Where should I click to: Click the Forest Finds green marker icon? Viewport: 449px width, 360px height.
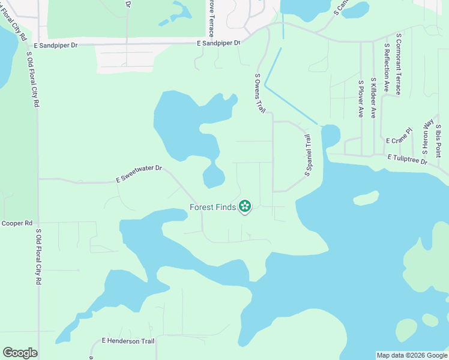[245, 207]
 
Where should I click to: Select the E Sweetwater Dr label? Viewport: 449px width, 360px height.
[139, 174]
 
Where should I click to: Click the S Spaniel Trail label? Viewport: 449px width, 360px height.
[309, 155]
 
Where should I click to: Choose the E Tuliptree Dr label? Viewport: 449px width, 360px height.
[407, 160]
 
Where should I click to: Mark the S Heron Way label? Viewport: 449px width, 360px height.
[428, 136]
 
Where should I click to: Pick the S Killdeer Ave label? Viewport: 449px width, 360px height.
[373, 98]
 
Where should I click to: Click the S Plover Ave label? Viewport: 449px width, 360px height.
[361, 98]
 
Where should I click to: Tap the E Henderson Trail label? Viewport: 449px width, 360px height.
[128, 341]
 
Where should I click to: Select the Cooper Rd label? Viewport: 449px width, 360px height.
[17, 223]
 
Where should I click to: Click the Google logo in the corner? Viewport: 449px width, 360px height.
[20, 353]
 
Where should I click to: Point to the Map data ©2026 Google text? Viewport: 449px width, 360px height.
[411, 355]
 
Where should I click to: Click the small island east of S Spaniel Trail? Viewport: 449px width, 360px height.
[366, 197]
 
